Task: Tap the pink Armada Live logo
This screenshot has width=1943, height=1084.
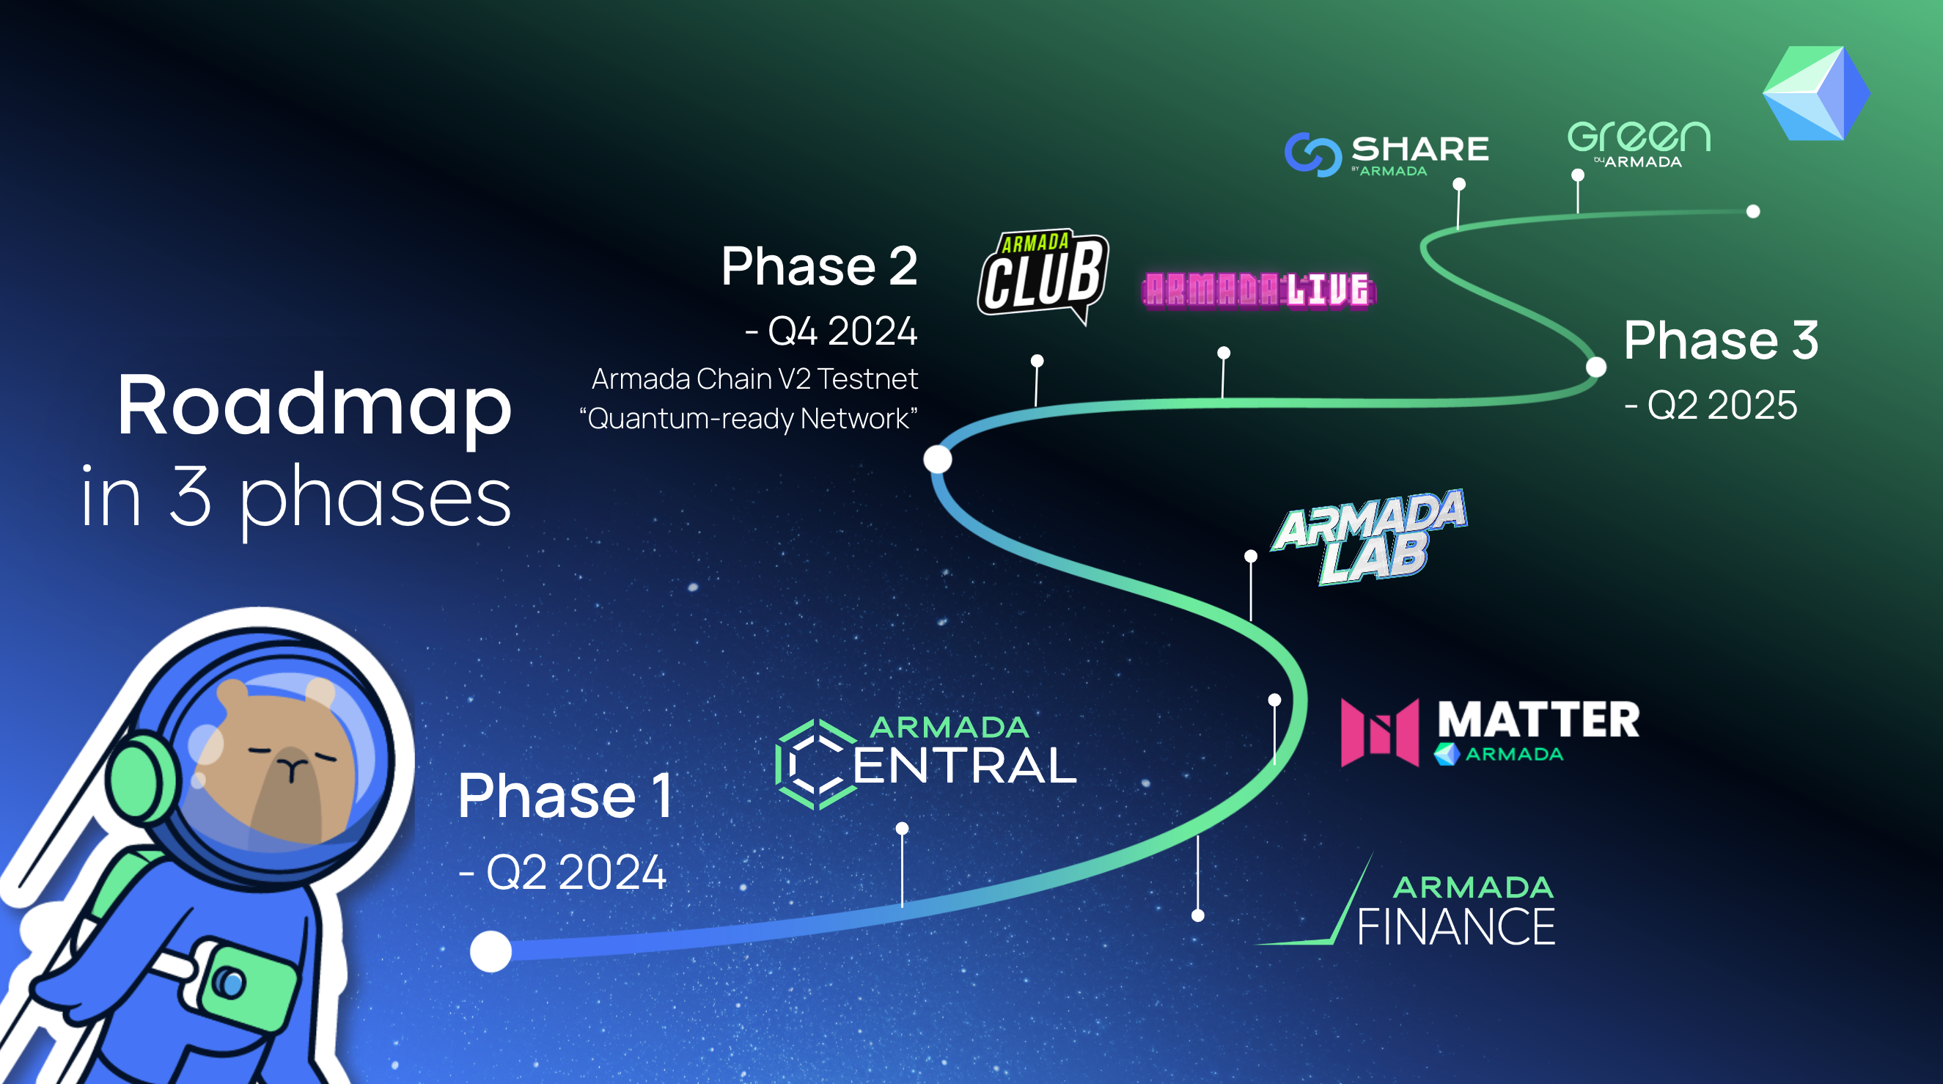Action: click(1258, 290)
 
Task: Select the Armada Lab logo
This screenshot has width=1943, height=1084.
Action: click(1370, 537)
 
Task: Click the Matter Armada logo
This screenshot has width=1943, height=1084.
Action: click(1490, 732)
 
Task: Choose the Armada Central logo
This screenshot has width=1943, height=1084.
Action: click(925, 763)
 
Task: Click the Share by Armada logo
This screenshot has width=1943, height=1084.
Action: click(1386, 155)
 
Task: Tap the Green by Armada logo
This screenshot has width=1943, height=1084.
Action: click(1638, 144)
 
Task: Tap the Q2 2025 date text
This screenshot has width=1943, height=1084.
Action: click(1711, 405)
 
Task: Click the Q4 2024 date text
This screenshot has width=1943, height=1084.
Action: click(831, 330)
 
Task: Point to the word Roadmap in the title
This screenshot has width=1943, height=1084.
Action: click(315, 407)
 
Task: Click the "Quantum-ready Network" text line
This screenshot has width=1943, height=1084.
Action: click(748, 419)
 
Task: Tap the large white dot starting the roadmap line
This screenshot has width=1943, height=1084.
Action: click(491, 951)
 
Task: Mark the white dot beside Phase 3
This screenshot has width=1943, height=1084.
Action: click(1596, 367)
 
